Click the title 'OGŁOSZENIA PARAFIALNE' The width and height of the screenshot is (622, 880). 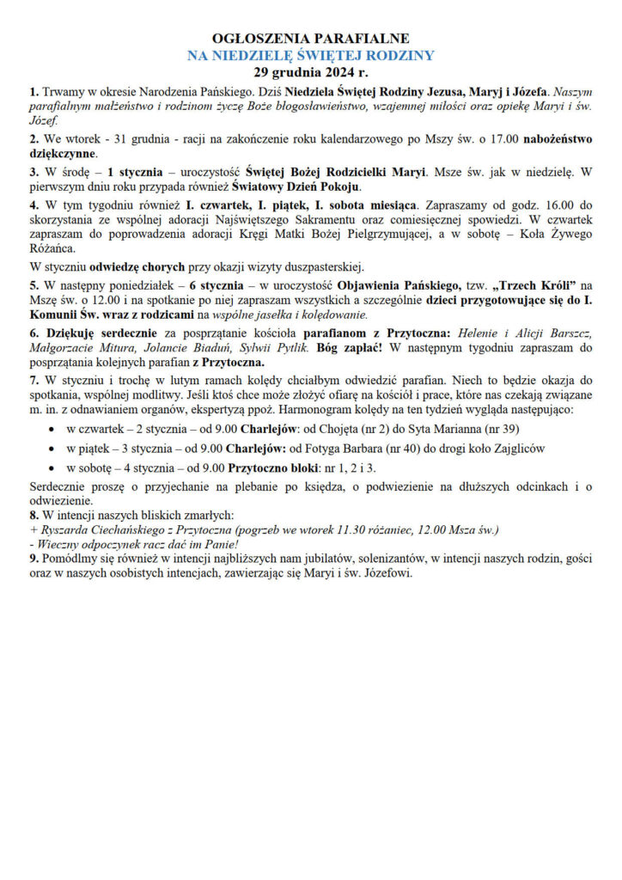[311, 39]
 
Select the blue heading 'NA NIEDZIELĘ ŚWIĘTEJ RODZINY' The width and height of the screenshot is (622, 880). [311, 55]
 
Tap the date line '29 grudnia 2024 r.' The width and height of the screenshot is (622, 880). [311, 71]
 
